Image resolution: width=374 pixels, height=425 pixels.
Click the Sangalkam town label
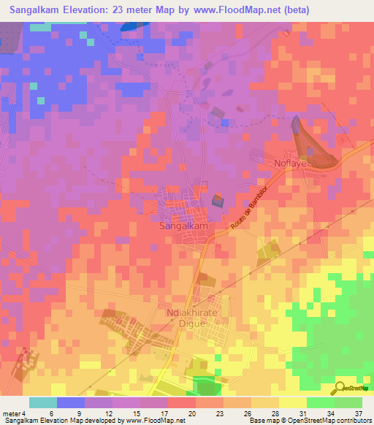183,227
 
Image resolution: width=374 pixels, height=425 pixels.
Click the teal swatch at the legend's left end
42,402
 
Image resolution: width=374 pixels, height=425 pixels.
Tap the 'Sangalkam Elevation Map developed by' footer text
61,421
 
